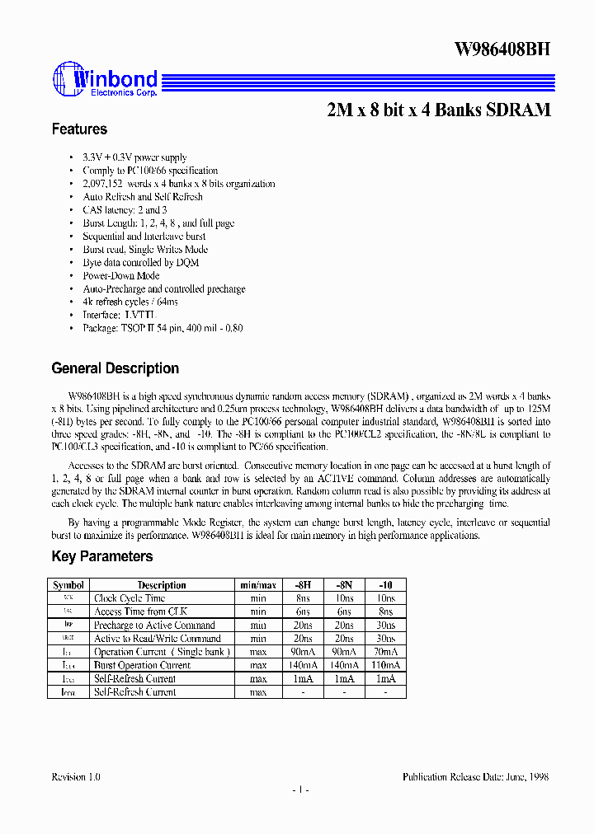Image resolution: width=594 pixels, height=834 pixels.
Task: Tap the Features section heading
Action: point(79,129)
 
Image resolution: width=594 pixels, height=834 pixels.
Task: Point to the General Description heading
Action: point(115,368)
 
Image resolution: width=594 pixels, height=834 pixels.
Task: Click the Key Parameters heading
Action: point(101,556)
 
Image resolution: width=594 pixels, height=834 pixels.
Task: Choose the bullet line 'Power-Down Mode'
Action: point(121,276)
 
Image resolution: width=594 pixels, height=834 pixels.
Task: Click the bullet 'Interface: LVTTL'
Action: point(119,316)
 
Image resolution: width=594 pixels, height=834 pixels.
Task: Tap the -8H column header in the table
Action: point(303,585)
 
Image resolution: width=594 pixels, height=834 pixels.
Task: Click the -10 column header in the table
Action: point(384,585)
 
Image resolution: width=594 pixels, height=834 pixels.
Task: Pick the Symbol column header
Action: point(68,585)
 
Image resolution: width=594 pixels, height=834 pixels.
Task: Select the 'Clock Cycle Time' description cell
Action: point(130,598)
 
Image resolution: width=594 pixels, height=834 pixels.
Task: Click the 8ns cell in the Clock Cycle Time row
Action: point(303,598)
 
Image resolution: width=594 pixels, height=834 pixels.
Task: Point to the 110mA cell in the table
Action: point(384,665)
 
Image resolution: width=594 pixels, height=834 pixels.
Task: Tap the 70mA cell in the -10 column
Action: point(384,652)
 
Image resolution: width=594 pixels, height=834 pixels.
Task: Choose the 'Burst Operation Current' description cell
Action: point(142,665)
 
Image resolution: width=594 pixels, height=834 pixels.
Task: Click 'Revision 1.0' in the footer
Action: point(76,777)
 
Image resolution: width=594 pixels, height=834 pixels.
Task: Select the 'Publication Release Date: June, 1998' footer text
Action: point(475,777)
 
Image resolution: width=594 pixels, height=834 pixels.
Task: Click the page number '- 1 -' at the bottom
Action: point(299,790)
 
